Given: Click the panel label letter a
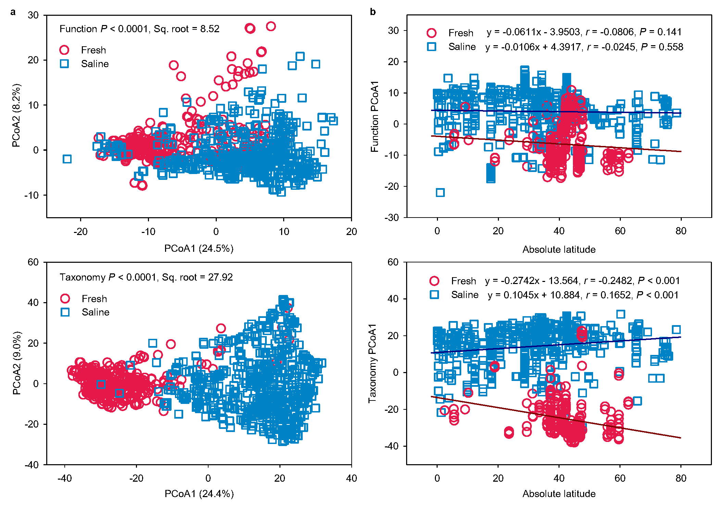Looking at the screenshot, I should [13, 12].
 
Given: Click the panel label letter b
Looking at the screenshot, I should [373, 12].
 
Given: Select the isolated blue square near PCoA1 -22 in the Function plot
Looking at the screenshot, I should [67, 159].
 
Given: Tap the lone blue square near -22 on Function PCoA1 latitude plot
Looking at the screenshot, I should [440, 193].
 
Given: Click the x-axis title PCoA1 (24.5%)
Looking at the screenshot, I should [199, 248].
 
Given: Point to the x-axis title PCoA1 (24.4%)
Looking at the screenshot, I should [199, 494].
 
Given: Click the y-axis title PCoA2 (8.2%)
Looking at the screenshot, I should [16, 115].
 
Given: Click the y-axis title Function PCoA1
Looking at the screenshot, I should [375, 116].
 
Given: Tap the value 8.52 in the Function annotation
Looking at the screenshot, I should [210, 29].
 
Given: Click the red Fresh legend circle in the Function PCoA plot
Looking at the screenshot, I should [64, 50].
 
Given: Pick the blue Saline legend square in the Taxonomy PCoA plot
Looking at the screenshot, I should [65, 312].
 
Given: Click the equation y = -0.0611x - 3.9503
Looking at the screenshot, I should [533, 32].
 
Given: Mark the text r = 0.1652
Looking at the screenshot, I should [608, 295].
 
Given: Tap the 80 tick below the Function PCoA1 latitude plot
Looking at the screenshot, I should [681, 231].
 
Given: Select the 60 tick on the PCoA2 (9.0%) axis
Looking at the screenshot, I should [33, 262].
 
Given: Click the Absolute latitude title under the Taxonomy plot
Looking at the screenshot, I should [559, 494].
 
